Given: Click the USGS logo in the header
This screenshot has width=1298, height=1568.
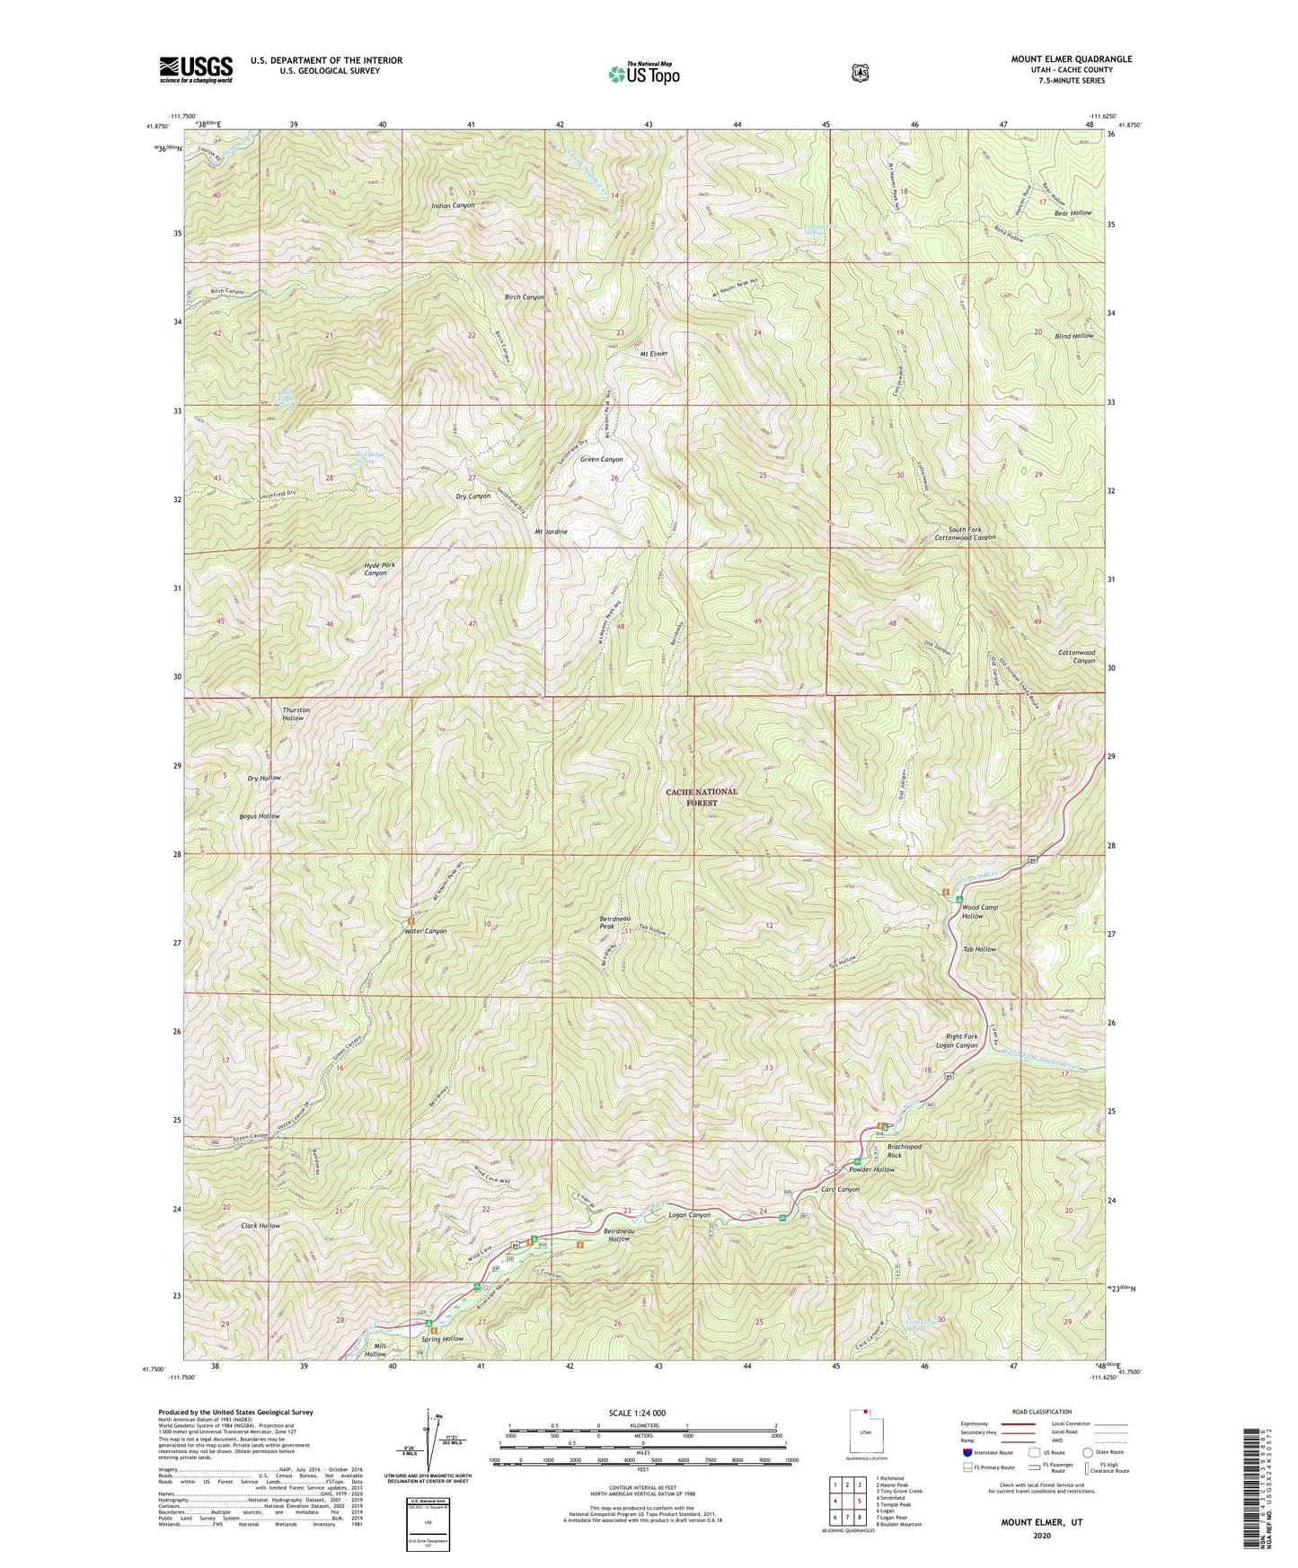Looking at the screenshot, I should (x=196, y=68).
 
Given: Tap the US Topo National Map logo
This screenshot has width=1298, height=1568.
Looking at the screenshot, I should (x=643, y=73).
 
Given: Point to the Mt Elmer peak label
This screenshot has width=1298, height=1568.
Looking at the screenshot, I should (x=653, y=354).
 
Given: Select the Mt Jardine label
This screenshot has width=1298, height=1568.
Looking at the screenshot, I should (x=551, y=532).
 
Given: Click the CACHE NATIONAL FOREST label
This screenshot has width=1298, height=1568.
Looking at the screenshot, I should (x=702, y=797).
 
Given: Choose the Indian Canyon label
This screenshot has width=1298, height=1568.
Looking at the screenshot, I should (x=454, y=206).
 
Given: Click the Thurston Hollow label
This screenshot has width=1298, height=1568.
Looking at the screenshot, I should (x=296, y=714).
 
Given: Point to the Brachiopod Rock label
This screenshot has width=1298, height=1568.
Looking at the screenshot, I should (x=904, y=1151).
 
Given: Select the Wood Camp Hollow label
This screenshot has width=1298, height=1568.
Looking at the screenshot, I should (x=979, y=912).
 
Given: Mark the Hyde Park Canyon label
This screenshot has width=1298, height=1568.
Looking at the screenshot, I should (x=378, y=568).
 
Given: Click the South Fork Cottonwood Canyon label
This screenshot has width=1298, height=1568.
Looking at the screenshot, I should (x=964, y=533).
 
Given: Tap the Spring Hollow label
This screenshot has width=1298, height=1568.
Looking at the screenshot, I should (x=442, y=1339).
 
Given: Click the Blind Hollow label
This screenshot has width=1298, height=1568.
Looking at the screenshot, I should (x=1073, y=336).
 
